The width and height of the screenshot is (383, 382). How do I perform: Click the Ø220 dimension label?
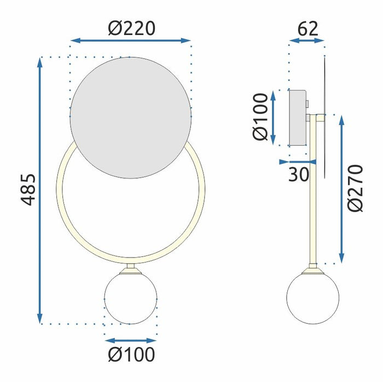coord(131,27)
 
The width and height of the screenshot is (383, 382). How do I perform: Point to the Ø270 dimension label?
coord(356,187)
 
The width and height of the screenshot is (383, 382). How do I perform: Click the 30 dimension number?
coord(298,174)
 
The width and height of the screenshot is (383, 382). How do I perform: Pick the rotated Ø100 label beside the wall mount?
coord(262,117)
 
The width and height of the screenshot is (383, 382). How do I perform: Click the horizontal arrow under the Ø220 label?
coord(131,41)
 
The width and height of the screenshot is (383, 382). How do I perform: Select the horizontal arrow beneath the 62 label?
coord(307,41)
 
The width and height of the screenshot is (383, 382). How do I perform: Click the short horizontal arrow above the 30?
coord(298,162)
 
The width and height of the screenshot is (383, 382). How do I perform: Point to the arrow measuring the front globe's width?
coord(131,340)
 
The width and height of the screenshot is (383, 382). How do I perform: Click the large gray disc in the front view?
coord(131,118)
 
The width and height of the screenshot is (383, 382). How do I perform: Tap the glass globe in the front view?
coord(131,298)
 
